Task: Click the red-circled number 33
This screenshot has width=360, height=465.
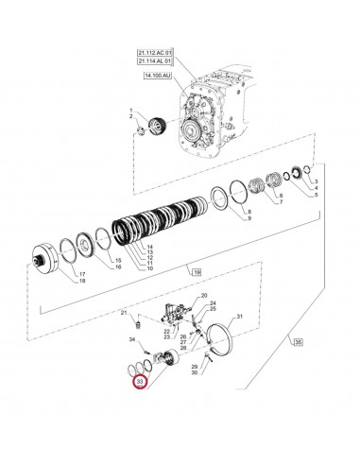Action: coord(141,382)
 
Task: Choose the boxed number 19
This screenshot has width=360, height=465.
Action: coord(197,272)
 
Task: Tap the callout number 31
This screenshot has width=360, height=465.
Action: coord(240,317)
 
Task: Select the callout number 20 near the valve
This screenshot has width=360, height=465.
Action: coord(203,296)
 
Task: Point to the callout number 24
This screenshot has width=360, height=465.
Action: coord(213,302)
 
